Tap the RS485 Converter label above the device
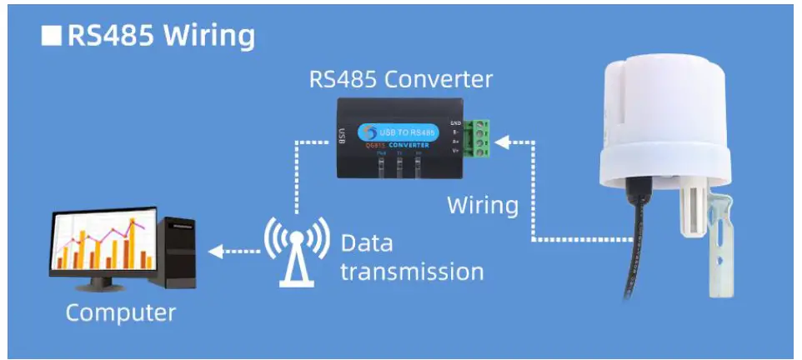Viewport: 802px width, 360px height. click(401, 80)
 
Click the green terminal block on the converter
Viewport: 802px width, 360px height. click(478, 137)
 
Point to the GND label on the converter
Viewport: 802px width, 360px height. click(455, 122)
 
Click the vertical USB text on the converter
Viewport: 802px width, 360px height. click(342, 133)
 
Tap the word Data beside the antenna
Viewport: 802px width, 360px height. click(367, 244)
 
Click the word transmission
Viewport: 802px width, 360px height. click(412, 272)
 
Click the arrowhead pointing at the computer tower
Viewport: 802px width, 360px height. click(213, 250)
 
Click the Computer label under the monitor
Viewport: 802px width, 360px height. click(121, 313)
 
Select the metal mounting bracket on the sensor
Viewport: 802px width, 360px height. click(722, 250)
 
